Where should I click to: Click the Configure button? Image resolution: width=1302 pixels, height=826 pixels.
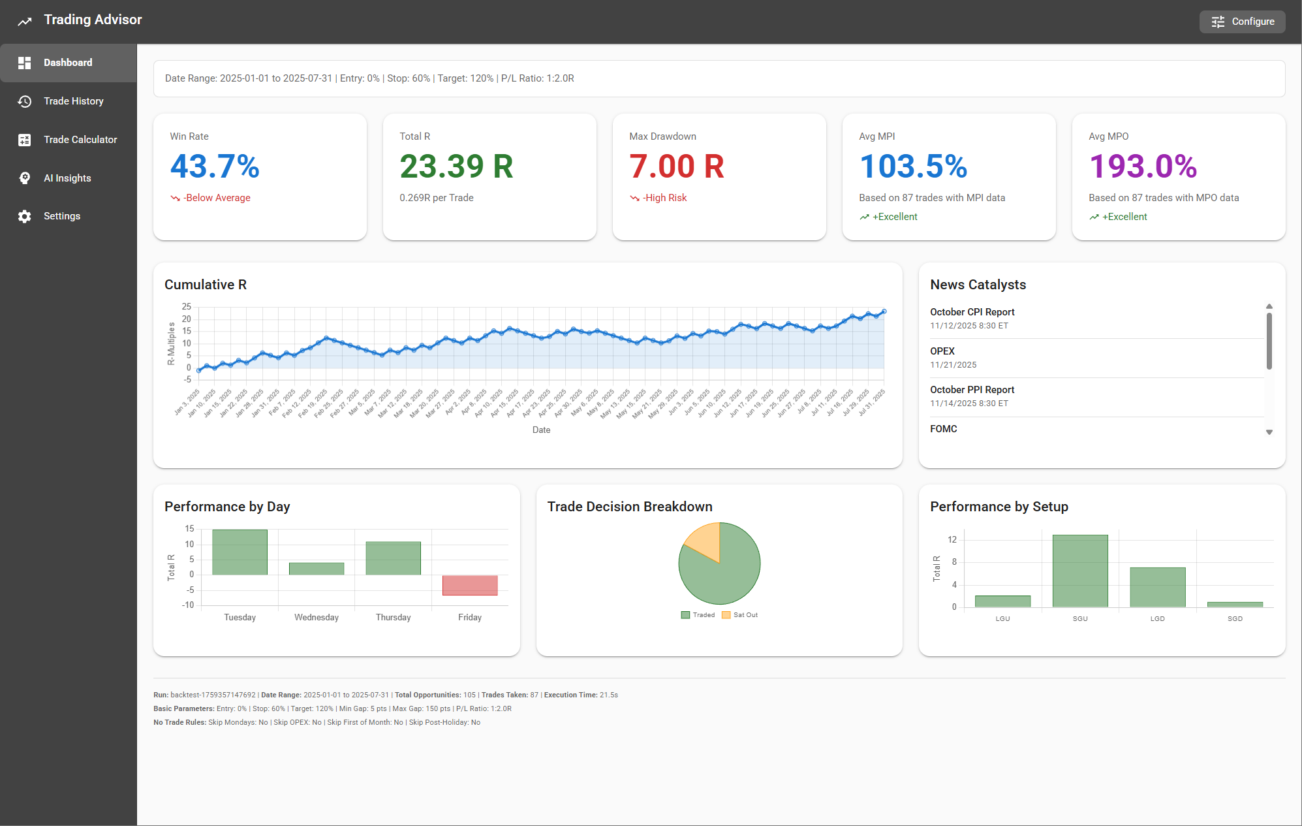(1242, 22)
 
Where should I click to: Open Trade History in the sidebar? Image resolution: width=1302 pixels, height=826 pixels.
(73, 101)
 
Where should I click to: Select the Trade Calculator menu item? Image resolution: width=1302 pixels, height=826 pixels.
(80, 140)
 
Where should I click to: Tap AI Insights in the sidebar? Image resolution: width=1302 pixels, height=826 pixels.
(67, 178)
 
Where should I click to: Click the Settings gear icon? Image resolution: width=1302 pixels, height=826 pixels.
(25, 216)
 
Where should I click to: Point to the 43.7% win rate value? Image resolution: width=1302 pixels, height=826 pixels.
(215, 166)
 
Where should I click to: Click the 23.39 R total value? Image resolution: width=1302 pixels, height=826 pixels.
(456, 166)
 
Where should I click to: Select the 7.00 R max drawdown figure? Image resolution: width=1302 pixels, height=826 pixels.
(676, 166)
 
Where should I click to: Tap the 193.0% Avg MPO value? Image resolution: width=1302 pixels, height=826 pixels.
(1142, 166)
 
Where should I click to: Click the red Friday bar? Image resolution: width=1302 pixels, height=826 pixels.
(470, 585)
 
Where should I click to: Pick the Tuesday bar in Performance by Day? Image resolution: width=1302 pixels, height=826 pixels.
(240, 552)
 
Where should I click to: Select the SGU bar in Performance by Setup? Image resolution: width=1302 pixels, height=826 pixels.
(1080, 571)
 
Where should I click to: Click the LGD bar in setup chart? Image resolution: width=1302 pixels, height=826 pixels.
(1157, 587)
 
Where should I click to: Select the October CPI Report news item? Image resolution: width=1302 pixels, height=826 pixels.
(972, 312)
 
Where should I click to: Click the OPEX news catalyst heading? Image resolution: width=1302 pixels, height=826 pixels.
(942, 351)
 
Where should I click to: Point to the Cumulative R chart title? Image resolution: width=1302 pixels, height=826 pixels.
(206, 285)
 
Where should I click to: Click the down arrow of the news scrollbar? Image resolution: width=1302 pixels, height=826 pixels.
(1269, 432)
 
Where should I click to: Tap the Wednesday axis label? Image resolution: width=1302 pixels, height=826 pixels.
(317, 618)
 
